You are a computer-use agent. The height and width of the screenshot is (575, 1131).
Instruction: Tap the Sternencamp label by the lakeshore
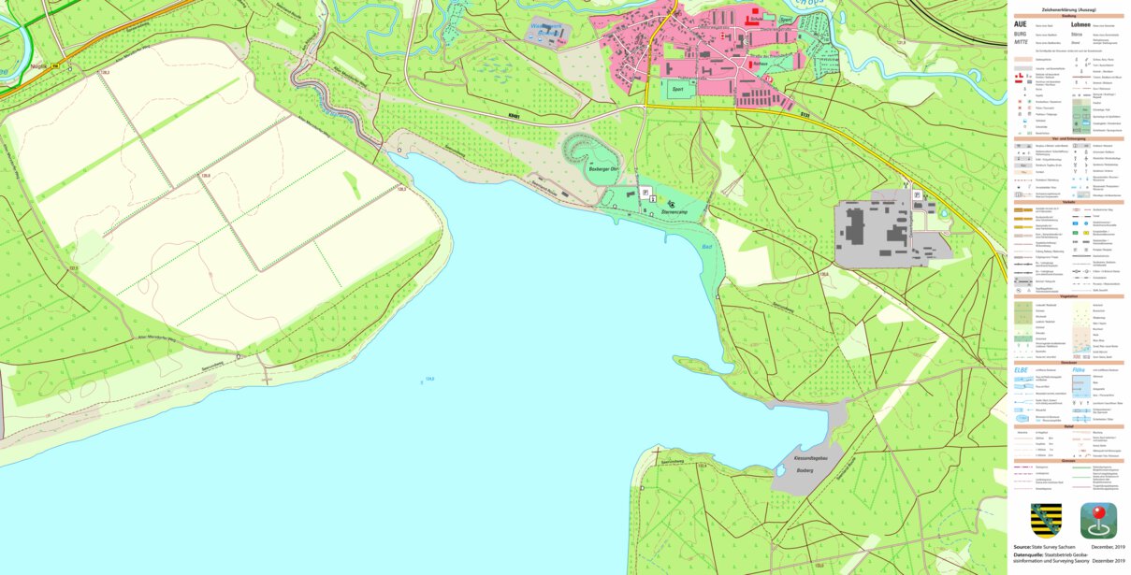pyautogui.click(x=675, y=213)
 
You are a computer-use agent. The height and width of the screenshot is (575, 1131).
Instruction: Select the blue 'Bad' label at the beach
pyautogui.click(x=708, y=246)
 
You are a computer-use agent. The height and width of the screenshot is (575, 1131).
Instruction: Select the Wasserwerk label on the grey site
pyautogui.click(x=547, y=28)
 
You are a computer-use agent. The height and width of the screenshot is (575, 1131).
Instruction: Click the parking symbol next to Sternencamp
pyautogui.click(x=645, y=192)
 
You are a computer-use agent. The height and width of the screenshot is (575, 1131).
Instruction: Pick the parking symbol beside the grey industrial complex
pyautogui.click(x=917, y=194)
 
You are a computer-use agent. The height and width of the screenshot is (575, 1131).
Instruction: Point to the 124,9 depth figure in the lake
pyautogui.click(x=429, y=379)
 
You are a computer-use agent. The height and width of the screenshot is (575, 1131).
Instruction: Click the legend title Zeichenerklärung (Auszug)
pyautogui.click(x=1068, y=10)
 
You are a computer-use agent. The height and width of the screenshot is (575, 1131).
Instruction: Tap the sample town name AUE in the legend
pyautogui.click(x=1022, y=23)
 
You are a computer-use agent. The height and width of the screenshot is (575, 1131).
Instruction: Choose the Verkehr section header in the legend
pyautogui.click(x=1068, y=200)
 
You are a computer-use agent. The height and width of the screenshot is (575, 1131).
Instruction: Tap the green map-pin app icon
pyautogui.click(x=1098, y=521)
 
